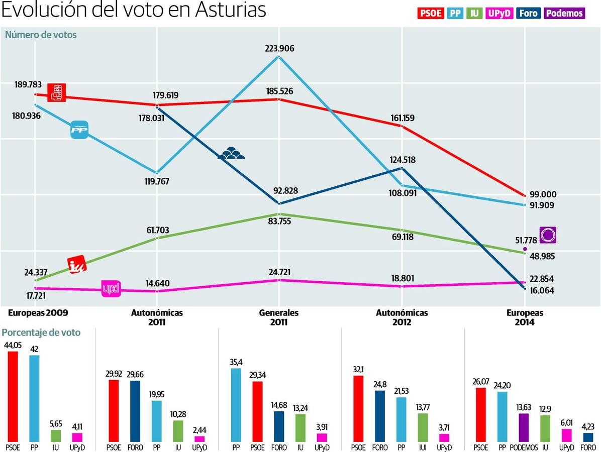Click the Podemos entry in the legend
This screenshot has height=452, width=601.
pos(565,14)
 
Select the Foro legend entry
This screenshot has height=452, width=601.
pos(528,14)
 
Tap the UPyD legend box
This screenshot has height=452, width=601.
pos(499,14)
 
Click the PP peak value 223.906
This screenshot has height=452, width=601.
pos(279,49)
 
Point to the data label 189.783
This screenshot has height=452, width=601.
pos(28,84)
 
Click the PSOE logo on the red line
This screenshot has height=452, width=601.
pos(57,92)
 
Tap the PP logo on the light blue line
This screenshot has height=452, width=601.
pos(79,130)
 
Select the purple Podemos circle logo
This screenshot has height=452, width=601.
pos(548,235)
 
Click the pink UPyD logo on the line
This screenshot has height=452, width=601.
pos(111,289)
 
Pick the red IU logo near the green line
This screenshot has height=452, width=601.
pos(77,264)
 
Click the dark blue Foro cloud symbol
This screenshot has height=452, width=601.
pos(231,154)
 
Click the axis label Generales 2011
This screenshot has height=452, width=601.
pos(279,317)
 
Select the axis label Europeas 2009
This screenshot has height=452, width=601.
pos(35,313)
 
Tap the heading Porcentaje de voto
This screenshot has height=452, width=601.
pos(41,332)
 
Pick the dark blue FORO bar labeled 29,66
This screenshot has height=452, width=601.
pos(136,411)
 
